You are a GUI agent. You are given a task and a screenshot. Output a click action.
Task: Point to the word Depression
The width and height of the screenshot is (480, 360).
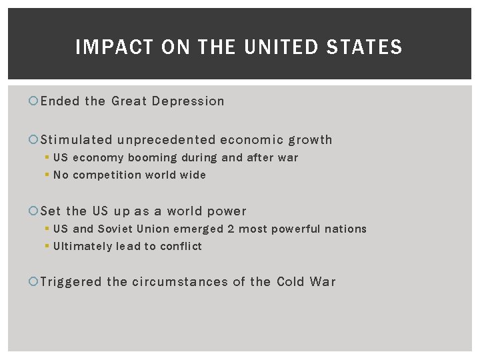click(x=188, y=101)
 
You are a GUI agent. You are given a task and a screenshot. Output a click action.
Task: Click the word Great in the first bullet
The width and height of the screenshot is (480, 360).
click(x=129, y=101)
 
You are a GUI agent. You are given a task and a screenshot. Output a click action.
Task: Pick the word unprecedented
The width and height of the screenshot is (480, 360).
click(x=167, y=140)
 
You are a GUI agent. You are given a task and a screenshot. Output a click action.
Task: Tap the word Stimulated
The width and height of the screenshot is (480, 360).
click(x=77, y=140)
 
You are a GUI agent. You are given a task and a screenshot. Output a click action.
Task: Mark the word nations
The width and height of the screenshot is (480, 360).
click(x=345, y=229)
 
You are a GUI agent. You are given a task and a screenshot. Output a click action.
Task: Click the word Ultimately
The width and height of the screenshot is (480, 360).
click(x=82, y=247)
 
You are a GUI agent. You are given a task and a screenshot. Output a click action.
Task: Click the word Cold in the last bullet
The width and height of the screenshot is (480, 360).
click(x=291, y=282)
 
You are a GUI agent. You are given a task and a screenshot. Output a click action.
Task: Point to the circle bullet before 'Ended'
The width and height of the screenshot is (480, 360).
click(x=34, y=101)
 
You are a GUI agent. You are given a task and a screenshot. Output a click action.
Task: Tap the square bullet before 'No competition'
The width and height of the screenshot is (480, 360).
click(x=47, y=175)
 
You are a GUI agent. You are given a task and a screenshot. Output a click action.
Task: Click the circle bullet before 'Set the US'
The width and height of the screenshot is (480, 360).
click(x=34, y=211)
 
